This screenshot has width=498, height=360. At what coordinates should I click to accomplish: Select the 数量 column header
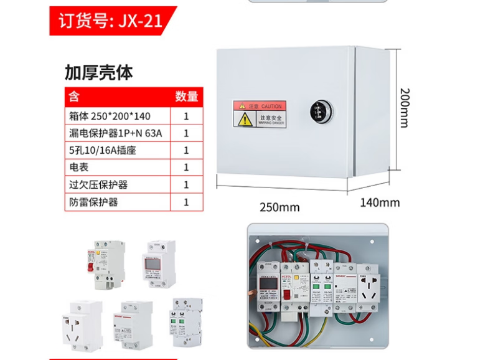[186, 97]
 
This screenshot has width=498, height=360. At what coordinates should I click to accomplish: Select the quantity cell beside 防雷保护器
[186, 202]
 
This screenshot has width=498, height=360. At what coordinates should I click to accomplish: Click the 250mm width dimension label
[280, 207]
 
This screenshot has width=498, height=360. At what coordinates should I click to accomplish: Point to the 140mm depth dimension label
[380, 202]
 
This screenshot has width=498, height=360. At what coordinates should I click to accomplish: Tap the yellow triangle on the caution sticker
[246, 119]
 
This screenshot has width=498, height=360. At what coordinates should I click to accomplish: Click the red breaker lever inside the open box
[287, 295]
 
